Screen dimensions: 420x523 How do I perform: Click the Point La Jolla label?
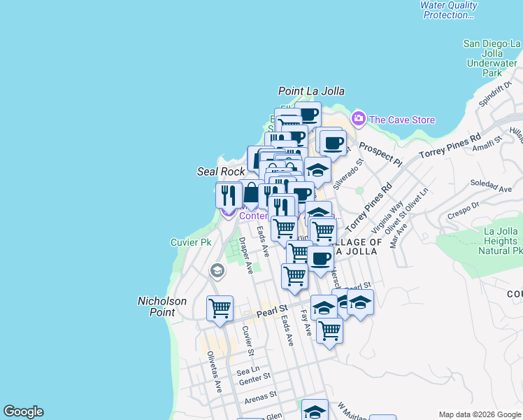tap(311, 91)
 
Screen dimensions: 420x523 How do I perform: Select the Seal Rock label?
tap(221, 171)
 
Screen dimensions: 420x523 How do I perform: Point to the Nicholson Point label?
tap(162, 307)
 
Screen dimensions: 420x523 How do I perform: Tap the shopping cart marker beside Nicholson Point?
tap(220, 308)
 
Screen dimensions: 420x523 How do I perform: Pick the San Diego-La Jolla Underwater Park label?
tap(493, 58)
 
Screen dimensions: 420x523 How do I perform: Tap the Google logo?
tap(23, 412)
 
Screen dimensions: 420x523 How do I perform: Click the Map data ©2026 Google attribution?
tap(480, 414)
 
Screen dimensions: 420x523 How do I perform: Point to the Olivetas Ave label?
tap(213, 370)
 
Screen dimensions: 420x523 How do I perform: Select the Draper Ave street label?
tap(245, 255)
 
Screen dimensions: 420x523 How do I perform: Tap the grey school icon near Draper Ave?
tap(217, 270)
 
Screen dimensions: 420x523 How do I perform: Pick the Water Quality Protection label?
tap(448, 10)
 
